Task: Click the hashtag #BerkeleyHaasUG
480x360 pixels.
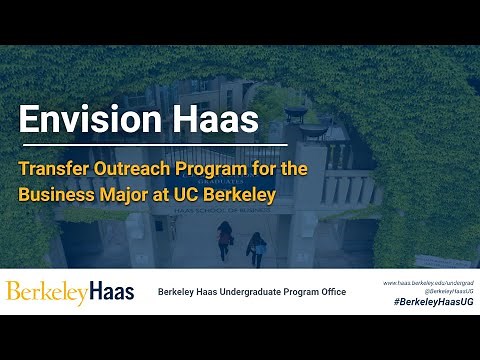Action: click(433, 301)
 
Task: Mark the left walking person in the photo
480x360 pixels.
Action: click(225, 239)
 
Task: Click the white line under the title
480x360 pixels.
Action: click(140, 145)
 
